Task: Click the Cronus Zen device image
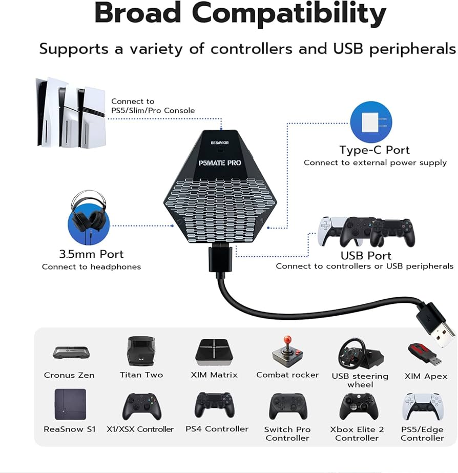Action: pyautogui.click(x=72, y=353)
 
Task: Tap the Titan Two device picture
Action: pyautogui.click(x=141, y=351)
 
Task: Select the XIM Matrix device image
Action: pyautogui.click(x=214, y=352)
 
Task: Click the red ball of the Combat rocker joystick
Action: pyautogui.click(x=287, y=340)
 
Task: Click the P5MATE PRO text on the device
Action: pyautogui.click(x=220, y=162)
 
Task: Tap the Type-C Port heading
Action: pyautogui.click(x=374, y=150)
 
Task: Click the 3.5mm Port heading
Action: pyautogui.click(x=91, y=254)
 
